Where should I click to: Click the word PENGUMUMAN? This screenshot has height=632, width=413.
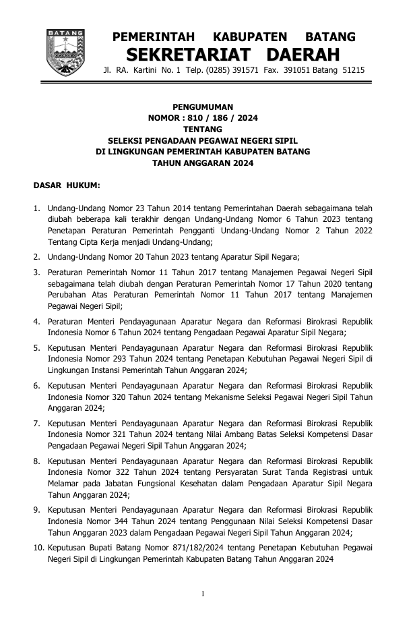coord(203,107)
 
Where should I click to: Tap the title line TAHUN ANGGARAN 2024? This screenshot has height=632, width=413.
coord(203,163)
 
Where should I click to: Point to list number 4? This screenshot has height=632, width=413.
coord(38,322)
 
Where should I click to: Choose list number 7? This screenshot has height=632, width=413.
coord(38,423)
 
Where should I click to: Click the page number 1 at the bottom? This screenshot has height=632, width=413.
coord(203,594)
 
